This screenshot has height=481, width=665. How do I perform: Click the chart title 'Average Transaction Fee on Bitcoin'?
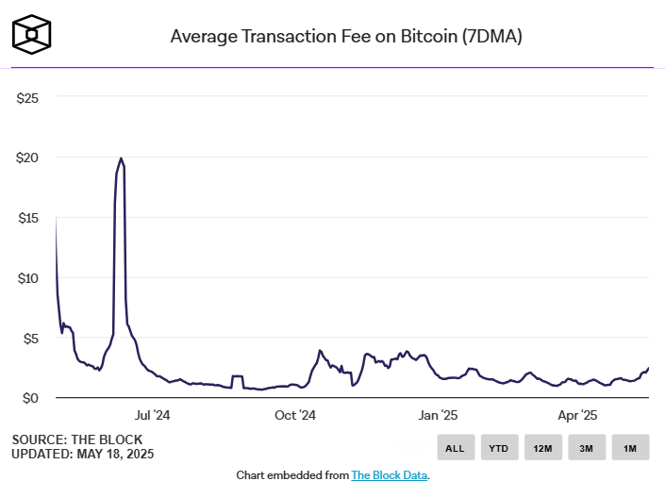tap(346, 37)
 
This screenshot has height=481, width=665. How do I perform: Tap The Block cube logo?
tap(32, 35)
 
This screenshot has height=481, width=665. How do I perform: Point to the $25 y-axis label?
tap(27, 97)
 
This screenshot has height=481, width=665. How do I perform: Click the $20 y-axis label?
tap(27, 158)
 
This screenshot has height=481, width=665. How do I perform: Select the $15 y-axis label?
tap(27, 218)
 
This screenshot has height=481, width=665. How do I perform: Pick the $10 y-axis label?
tap(27, 278)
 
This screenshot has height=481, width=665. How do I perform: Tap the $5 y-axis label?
tap(30, 339)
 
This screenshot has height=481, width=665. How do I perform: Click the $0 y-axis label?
tap(30, 398)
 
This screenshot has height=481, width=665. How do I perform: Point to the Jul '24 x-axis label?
tap(151, 415)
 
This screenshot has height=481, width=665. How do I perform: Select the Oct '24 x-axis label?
tap(294, 415)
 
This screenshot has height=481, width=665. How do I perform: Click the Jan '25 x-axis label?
tap(437, 415)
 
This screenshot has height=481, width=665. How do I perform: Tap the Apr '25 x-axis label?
tap(576, 415)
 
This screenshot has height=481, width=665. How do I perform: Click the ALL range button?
tap(455, 448)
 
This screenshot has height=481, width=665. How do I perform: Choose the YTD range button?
tap(499, 448)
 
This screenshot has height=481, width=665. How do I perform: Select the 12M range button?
tap(542, 448)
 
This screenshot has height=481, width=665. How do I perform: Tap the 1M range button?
tap(629, 448)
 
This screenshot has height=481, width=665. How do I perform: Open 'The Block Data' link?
tap(390, 474)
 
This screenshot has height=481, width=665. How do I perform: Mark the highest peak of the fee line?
tap(121, 158)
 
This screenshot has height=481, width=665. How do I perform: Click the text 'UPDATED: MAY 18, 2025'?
tap(82, 454)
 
